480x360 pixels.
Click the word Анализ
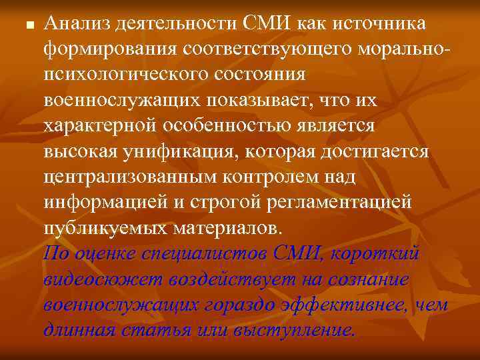click(73, 25)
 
